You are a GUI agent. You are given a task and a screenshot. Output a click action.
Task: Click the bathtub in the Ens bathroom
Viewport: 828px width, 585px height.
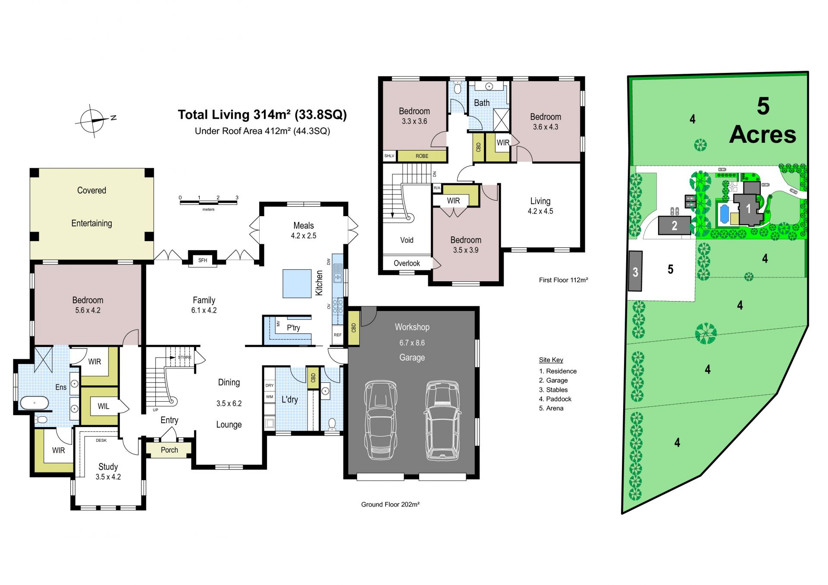tap(34, 403)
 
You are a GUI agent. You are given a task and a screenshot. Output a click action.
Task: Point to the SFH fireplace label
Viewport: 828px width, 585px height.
tap(203, 260)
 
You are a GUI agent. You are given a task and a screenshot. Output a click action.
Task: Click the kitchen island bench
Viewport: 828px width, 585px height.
tap(297, 283)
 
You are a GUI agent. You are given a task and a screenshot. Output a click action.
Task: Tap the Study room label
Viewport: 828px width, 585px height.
tap(108, 467)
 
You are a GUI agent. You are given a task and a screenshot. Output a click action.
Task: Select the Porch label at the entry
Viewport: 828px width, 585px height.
tap(169, 450)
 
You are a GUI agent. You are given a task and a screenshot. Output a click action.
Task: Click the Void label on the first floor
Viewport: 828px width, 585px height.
tap(407, 240)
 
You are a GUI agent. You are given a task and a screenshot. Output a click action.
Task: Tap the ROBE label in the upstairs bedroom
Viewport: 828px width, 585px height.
tap(422, 156)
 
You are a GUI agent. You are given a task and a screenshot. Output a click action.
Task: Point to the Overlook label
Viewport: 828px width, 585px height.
tap(407, 263)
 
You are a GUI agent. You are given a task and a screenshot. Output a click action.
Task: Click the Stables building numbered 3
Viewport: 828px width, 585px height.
tap(635, 272)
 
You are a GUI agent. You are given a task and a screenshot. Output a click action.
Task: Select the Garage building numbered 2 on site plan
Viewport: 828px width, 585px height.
tap(674, 225)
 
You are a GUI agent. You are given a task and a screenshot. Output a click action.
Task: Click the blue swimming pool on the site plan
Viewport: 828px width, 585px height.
tap(724, 212)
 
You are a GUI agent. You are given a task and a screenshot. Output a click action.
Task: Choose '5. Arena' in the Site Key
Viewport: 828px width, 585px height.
tap(551, 408)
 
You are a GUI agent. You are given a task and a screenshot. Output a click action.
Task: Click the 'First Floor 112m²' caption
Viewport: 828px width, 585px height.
tap(564, 280)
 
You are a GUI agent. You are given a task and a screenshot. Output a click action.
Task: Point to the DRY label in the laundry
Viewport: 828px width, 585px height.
tap(270, 385)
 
